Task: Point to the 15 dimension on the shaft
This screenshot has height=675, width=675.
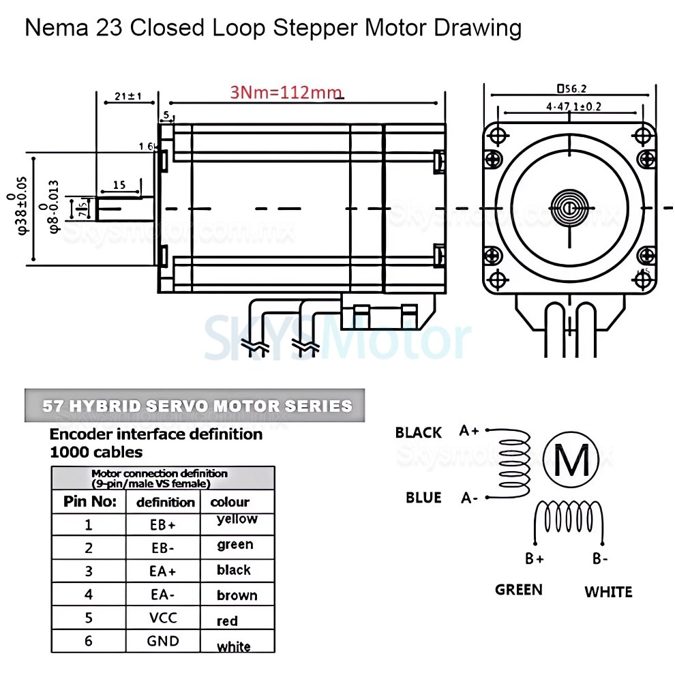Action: coord(119,185)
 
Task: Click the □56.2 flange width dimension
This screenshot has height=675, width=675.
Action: coord(572,88)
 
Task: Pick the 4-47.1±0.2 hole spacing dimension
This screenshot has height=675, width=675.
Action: coord(573,106)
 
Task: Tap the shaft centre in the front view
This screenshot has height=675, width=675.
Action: coord(569,207)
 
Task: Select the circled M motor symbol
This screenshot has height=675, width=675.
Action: coord(572,460)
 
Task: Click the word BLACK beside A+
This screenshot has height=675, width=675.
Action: coord(418,432)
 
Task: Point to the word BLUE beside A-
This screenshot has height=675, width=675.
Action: coord(423,498)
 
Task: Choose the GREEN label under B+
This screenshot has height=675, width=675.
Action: coord(519,590)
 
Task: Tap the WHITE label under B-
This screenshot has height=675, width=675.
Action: coord(608,592)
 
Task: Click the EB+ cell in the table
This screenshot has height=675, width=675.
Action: coord(163,526)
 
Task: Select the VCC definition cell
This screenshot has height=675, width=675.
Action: coord(163,618)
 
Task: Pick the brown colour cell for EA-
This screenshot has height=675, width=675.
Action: coord(237,595)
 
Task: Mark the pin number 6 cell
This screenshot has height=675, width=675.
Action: coord(88,641)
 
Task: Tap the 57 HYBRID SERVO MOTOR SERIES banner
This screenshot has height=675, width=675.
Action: coord(196,406)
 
